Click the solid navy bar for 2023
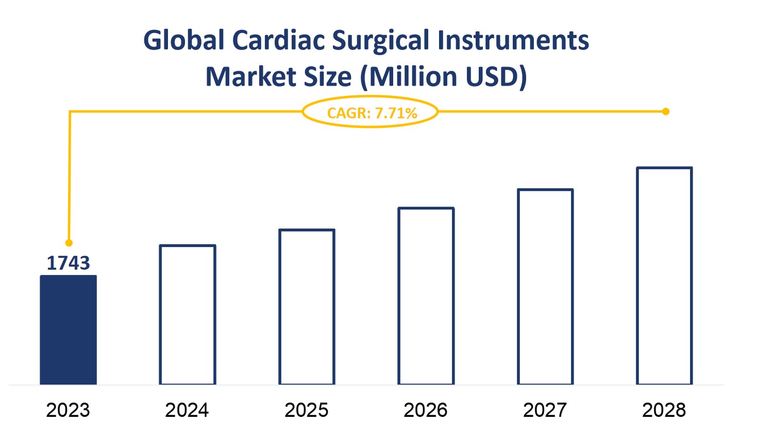pos(69,330)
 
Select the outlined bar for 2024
pos(188,315)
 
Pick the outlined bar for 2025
pos(307,307)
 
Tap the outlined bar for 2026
pos(426,296)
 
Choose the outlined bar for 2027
pos(545,287)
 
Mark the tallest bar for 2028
pos(664,276)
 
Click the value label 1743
pos(69,263)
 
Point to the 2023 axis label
pos(68,410)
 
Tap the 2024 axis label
pos(187,410)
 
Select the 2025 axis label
pos(307,410)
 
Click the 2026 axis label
pos(426,410)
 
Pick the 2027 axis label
pos(545,410)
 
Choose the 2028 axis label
pos(664,410)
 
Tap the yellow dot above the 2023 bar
pos(69,243)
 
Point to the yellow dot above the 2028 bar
pos(666,111)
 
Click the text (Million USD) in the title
pos(443,77)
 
